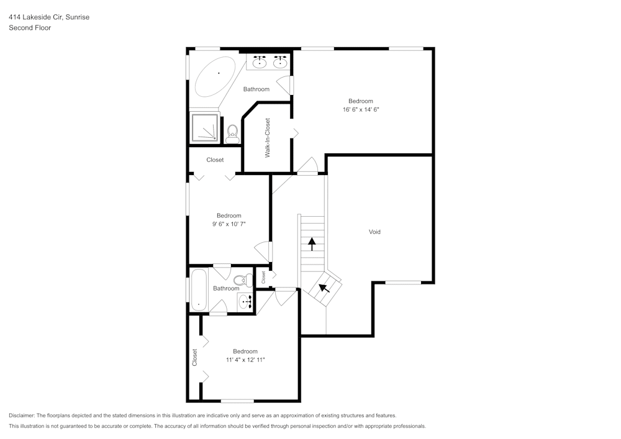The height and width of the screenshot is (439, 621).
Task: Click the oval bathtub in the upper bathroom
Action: point(215,76)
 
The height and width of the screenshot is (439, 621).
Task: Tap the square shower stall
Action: point(205,127)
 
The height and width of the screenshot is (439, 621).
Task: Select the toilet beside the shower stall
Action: point(232,134)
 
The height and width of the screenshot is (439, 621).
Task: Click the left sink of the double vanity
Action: point(260,62)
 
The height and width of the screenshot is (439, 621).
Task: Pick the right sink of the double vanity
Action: point(280,62)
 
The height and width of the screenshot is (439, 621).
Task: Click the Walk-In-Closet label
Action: point(268,138)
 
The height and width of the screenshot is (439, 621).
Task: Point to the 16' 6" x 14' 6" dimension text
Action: point(360,109)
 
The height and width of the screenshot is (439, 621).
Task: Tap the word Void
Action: point(374,232)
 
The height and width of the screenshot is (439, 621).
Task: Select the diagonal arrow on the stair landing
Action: point(324,289)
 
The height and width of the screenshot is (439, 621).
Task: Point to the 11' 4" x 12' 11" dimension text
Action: point(245,360)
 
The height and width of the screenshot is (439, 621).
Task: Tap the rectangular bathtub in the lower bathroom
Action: point(199,289)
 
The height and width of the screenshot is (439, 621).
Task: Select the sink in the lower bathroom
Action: point(245,302)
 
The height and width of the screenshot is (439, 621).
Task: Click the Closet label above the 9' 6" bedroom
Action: point(215,160)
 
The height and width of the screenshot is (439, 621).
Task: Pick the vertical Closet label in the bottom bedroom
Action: point(194,356)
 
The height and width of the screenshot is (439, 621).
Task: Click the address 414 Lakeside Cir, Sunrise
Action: point(49,17)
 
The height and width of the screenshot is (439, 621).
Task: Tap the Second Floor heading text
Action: point(30,28)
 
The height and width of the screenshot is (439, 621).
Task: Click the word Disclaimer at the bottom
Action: point(22,415)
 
